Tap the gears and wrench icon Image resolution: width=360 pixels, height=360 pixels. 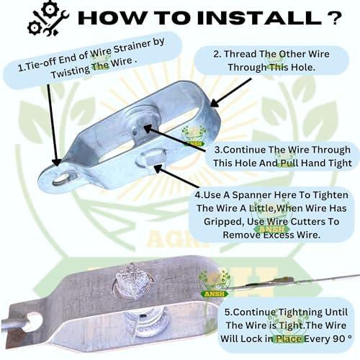[x=48, y=19]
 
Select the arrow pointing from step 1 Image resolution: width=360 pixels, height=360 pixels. [x=53, y=125]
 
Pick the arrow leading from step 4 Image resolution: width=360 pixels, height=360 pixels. [x=176, y=176]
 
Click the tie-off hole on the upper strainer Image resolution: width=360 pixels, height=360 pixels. [x=60, y=179]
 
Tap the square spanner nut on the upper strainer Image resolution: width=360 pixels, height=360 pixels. [x=152, y=158]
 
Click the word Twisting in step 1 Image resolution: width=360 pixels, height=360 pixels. [x=71, y=72]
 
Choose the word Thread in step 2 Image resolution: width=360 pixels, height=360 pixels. [x=240, y=54]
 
